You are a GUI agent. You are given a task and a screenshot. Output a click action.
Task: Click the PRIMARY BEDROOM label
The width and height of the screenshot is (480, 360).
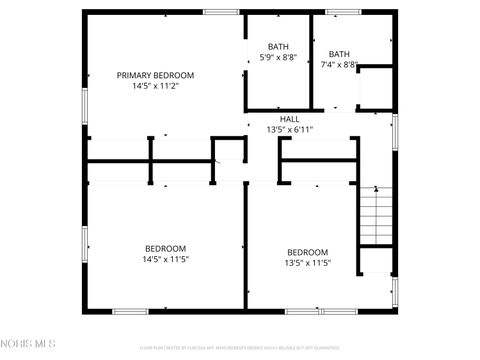pyautogui.click(x=155, y=75)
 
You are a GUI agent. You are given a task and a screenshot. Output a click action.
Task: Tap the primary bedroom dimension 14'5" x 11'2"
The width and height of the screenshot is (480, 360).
pyautogui.click(x=155, y=87)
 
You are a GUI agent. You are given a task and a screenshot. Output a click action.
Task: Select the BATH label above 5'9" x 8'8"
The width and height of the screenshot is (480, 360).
pyautogui.click(x=277, y=46)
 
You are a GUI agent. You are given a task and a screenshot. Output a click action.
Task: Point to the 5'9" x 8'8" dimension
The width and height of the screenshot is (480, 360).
pyautogui.click(x=277, y=58)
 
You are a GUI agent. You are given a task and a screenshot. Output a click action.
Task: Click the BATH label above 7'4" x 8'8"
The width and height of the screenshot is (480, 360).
pyautogui.click(x=340, y=54)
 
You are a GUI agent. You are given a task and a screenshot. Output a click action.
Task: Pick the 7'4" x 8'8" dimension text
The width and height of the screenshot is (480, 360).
pyautogui.click(x=340, y=65)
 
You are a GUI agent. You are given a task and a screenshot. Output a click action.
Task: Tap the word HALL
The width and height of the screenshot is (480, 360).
pyautogui.click(x=290, y=119)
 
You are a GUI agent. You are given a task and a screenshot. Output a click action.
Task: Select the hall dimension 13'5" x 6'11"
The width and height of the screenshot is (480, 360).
pyautogui.click(x=290, y=130)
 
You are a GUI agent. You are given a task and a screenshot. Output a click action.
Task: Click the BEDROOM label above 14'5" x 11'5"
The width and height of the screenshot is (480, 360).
pyautogui.click(x=165, y=248)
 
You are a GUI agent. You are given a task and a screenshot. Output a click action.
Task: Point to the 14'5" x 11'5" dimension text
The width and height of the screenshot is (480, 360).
pyautogui.click(x=165, y=260)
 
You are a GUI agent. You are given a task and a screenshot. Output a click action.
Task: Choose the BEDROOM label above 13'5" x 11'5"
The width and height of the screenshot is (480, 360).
pyautogui.click(x=308, y=252)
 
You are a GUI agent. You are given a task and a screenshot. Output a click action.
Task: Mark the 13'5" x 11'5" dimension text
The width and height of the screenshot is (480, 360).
pyautogui.click(x=308, y=264)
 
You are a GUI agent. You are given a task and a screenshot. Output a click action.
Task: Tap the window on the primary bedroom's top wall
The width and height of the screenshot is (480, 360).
pyautogui.click(x=219, y=12)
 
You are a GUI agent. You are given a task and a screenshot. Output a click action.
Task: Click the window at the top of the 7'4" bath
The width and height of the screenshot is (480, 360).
pyautogui.click(x=342, y=12)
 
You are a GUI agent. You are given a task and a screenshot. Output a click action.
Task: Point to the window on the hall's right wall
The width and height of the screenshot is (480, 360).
pyautogui.click(x=395, y=130)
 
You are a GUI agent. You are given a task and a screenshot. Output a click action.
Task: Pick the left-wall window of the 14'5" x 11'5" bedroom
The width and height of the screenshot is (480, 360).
pyautogui.click(x=84, y=243)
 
